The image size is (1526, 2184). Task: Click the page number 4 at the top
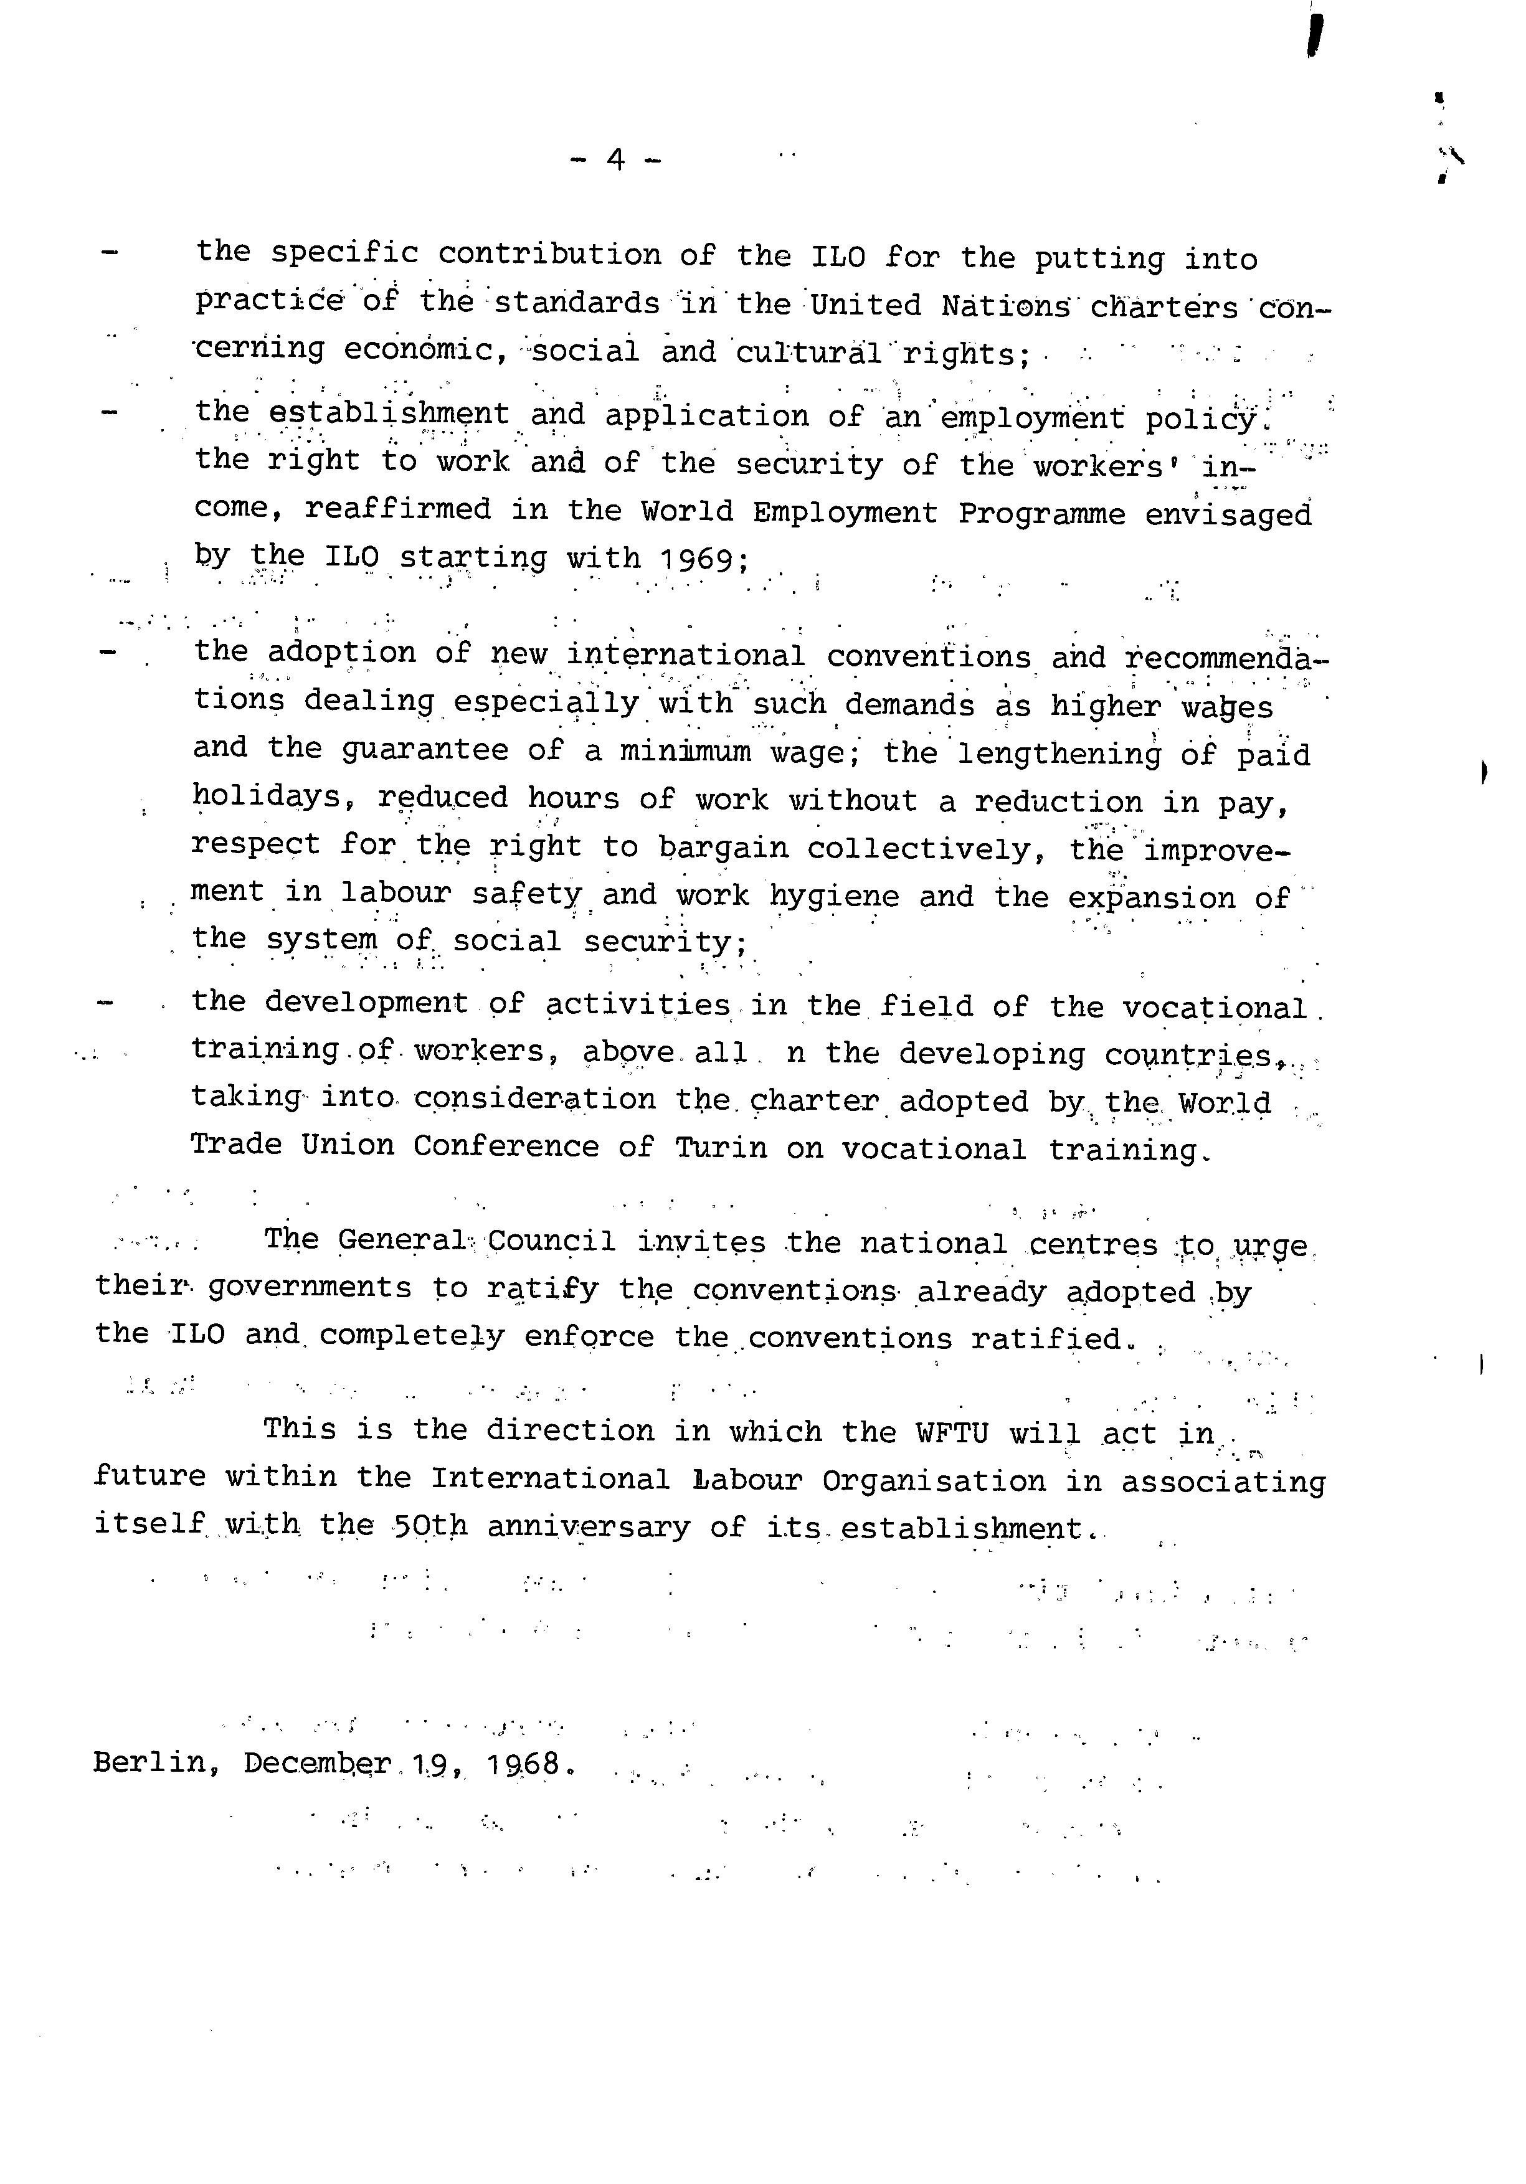tap(615, 160)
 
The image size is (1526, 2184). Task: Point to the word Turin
tap(720, 1147)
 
